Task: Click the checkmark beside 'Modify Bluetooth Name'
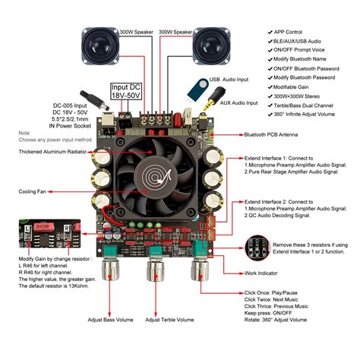click(x=271, y=60)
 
